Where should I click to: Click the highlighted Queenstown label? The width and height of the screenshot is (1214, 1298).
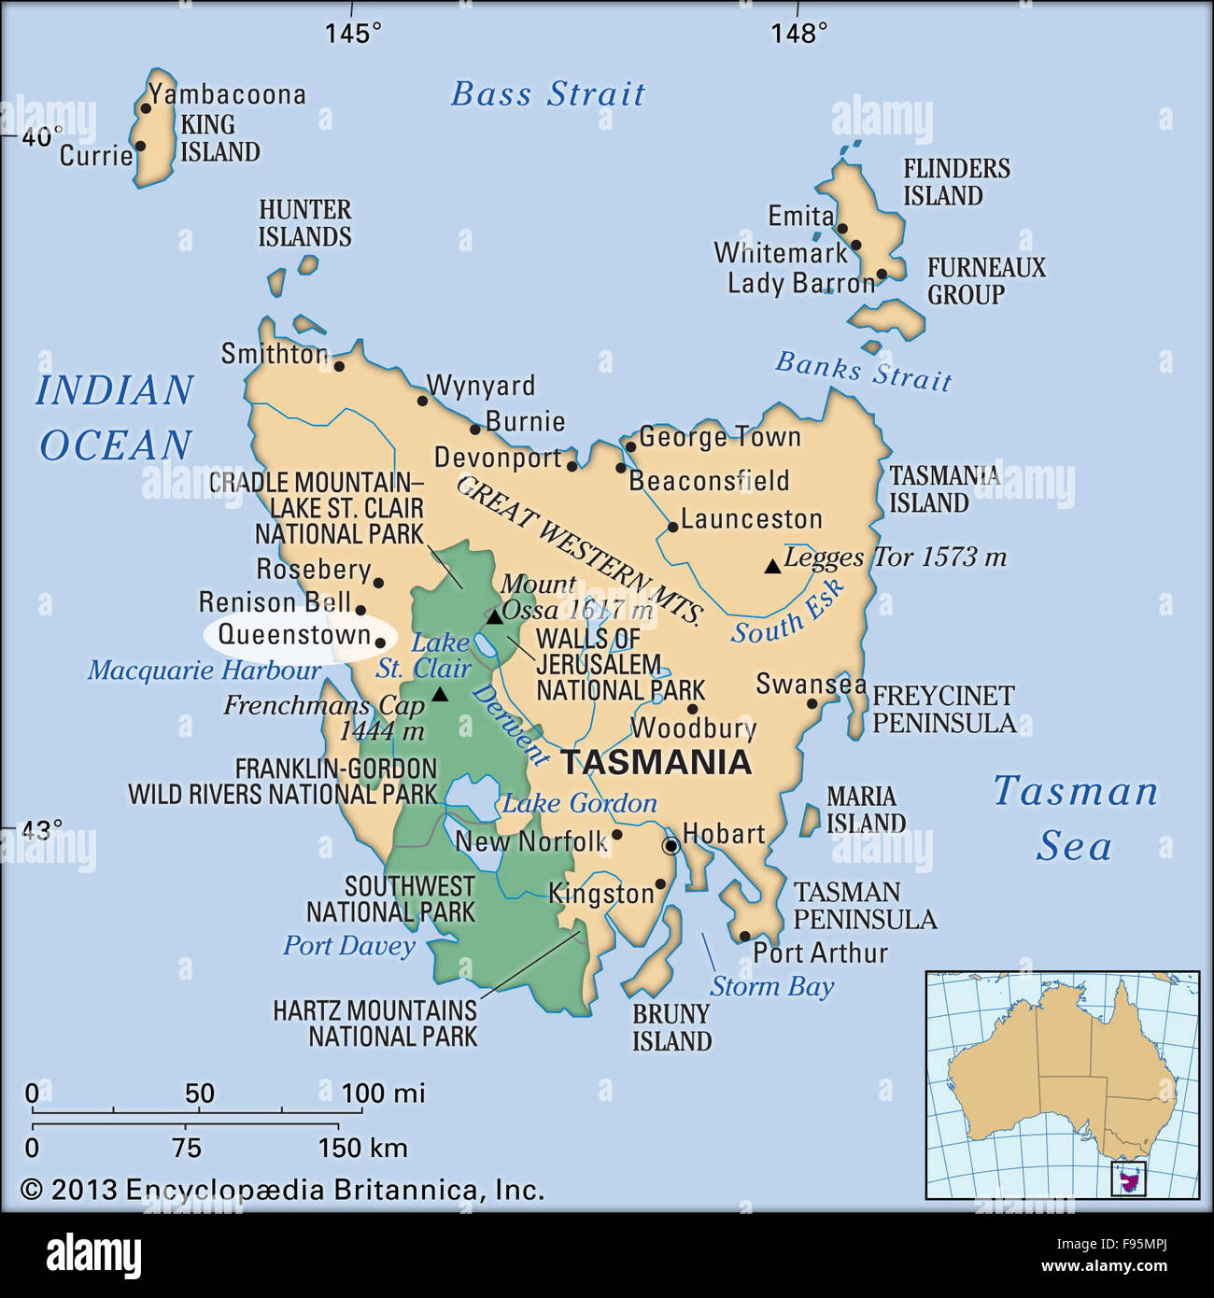[295, 636]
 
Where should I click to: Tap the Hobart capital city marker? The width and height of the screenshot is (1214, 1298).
[671, 846]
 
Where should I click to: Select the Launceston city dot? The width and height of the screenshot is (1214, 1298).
[672, 528]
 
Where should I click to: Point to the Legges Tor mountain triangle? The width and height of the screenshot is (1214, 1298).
[772, 566]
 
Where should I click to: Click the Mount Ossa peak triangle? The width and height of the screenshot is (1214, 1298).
[494, 617]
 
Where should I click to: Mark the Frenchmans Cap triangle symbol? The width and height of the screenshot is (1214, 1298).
[440, 695]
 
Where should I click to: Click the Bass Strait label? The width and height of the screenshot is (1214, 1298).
[548, 94]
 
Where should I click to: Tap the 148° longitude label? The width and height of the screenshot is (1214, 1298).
[799, 34]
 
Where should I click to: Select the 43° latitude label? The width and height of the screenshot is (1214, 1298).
[42, 829]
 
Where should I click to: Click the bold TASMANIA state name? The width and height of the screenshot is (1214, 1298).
[656, 762]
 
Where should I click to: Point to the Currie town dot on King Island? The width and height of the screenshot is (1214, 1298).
[140, 146]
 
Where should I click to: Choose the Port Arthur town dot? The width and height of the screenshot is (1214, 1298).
[744, 936]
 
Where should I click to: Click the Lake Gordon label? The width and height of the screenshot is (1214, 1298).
[579, 803]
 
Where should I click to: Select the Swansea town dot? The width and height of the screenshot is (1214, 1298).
[812, 704]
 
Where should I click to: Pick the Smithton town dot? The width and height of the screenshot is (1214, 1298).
[339, 365]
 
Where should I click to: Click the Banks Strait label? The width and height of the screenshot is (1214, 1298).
[863, 371]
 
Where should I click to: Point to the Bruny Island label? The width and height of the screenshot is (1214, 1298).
[671, 1027]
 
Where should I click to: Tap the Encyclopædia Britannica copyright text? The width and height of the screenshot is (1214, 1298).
[282, 1190]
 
